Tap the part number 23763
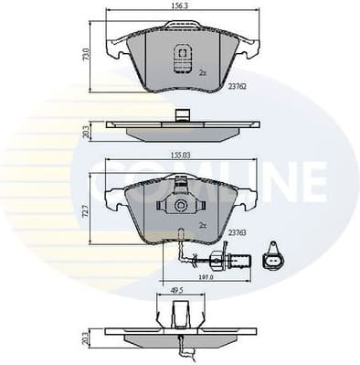click(240, 232)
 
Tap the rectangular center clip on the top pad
click(181, 57)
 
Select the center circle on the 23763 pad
click(182, 209)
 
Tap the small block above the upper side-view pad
click(182, 116)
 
